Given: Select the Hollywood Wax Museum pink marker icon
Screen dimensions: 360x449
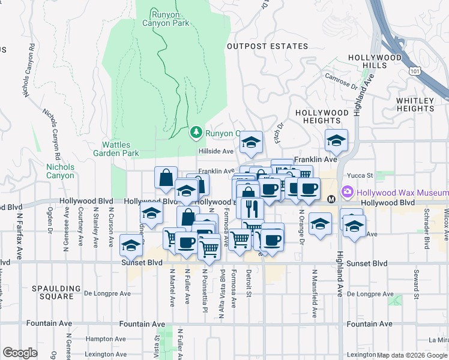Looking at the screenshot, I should click(x=346, y=193).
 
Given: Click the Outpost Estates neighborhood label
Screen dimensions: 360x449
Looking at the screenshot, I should click(x=267, y=46).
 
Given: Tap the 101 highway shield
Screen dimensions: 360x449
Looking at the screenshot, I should click(x=417, y=71).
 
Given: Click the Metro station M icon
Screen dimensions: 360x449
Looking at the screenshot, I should click(x=331, y=199).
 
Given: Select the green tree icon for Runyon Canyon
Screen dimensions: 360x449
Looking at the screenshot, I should click(x=196, y=132).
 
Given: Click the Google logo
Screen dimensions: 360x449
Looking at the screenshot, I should click(x=20, y=352).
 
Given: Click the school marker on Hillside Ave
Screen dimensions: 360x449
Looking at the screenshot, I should click(x=250, y=143).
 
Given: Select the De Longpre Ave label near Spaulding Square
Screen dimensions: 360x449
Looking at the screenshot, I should click(x=107, y=293).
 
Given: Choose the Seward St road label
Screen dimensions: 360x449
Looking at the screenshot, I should click(x=415, y=283).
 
